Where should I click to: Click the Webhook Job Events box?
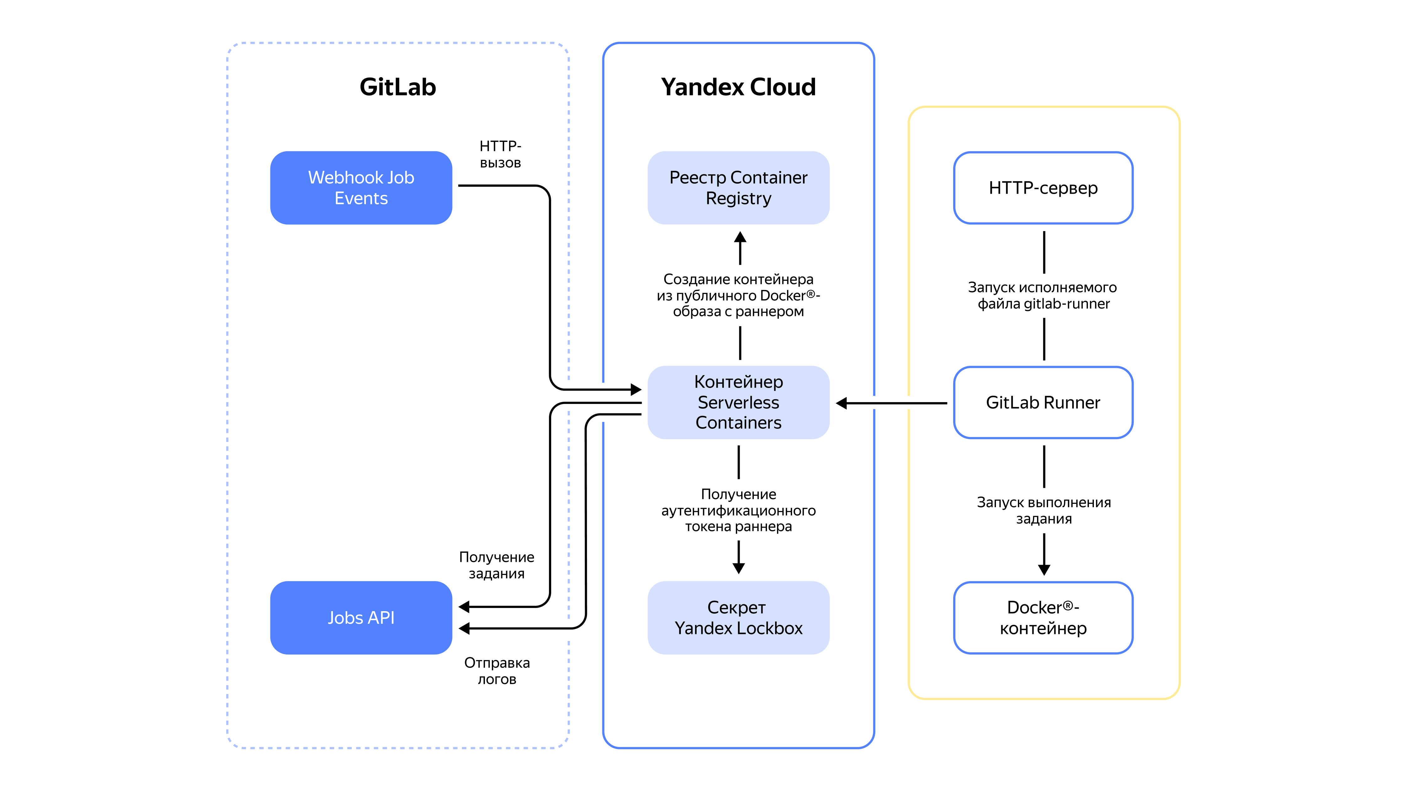[x=361, y=187]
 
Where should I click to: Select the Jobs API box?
[x=361, y=617]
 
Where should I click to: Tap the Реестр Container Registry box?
[x=738, y=187]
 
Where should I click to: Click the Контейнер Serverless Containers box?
[x=738, y=402]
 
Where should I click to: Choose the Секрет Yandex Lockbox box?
[x=738, y=617]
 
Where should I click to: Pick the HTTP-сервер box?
[x=1043, y=187]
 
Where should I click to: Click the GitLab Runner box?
[x=1043, y=402]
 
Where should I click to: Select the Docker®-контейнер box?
[x=1043, y=617]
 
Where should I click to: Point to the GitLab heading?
[x=398, y=87]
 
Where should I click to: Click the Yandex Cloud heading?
[x=738, y=87]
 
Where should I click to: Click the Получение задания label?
[x=497, y=565]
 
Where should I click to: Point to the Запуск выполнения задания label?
[x=1044, y=510]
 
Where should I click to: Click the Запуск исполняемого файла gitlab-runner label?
[x=1043, y=295]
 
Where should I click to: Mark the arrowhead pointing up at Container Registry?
[x=740, y=238]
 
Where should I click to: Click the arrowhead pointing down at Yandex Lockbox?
[x=738, y=568]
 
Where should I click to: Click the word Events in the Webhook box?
[x=361, y=198]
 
